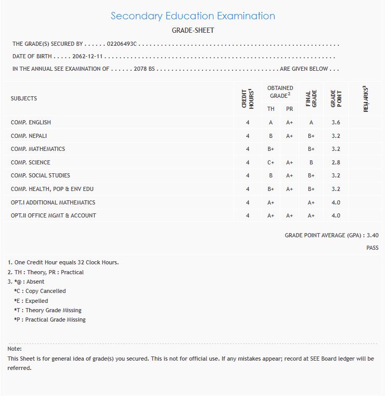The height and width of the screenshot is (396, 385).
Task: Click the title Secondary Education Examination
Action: [192, 16]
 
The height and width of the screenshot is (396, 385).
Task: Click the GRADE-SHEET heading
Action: [192, 30]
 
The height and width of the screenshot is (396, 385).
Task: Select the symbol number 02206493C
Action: [121, 44]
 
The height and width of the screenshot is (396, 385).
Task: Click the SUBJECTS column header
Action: [24, 98]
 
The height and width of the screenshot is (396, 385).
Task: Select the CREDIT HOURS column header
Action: [248, 98]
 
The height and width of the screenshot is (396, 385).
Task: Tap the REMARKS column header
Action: [366, 99]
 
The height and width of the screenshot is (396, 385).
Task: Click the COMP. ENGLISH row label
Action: [31, 122]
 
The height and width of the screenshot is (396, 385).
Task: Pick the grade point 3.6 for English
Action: [336, 122]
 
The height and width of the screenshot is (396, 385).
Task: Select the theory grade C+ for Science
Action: [271, 162]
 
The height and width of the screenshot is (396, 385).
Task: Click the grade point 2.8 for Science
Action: [336, 162]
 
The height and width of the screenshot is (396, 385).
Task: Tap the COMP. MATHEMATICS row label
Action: [38, 149]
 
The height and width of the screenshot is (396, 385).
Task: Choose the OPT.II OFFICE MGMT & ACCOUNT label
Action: [54, 215]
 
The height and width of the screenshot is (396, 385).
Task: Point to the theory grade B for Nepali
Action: [271, 136]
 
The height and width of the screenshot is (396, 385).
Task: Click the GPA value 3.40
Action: [373, 235]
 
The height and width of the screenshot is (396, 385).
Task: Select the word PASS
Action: [372, 248]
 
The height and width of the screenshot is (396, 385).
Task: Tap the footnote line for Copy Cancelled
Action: [40, 291]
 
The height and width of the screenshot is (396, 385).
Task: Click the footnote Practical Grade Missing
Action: [50, 320]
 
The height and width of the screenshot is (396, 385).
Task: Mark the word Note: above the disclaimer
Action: [15, 349]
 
